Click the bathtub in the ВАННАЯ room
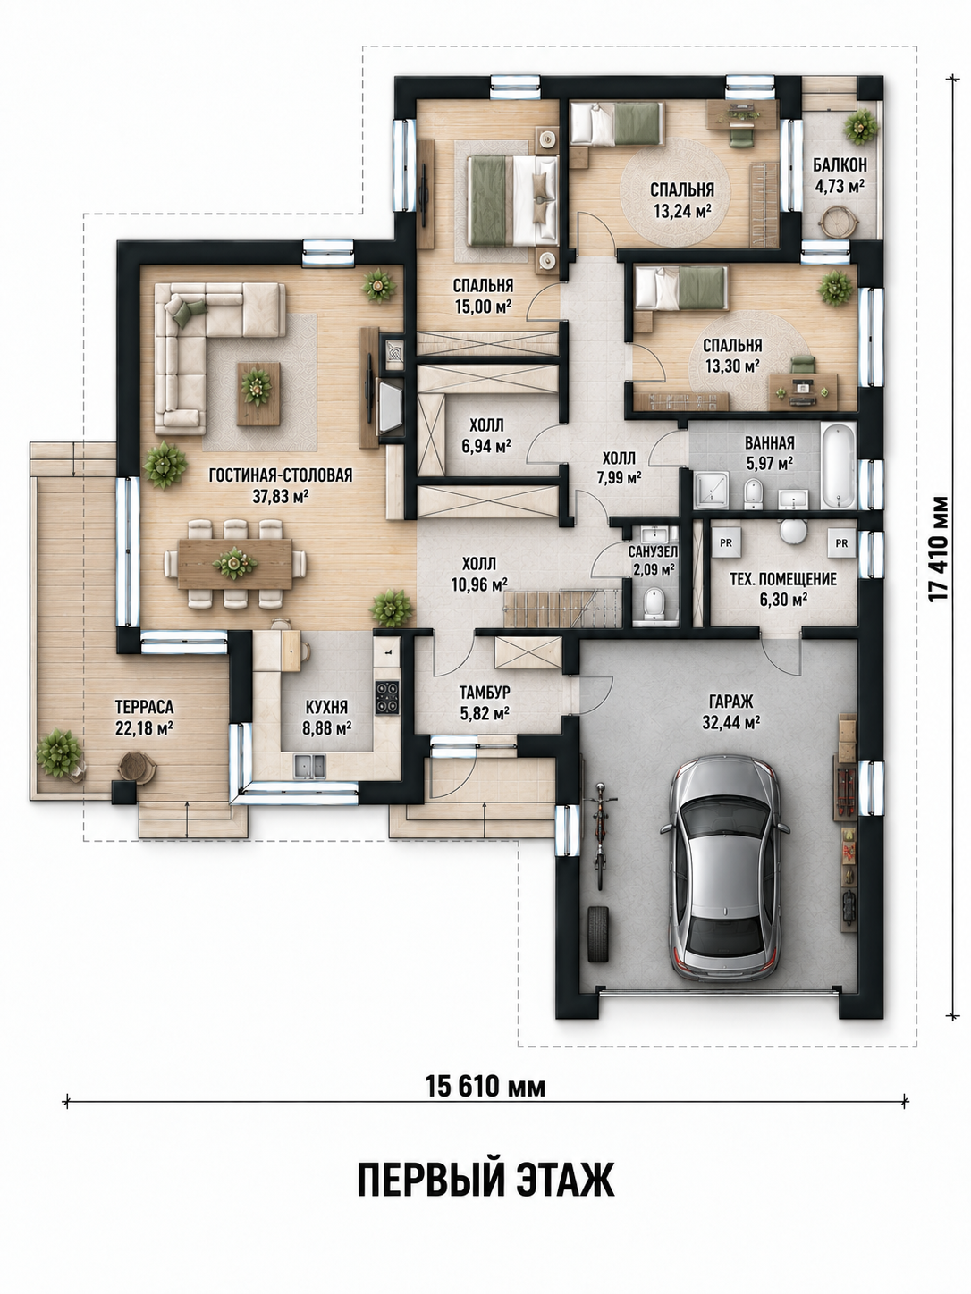pyautogui.click(x=839, y=466)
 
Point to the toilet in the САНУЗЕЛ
pyautogui.click(x=654, y=603)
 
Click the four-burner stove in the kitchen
pyautogui.click(x=387, y=697)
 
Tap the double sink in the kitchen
pyautogui.click(x=309, y=765)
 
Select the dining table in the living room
pyautogui.click(x=235, y=563)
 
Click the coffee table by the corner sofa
pyautogui.click(x=258, y=393)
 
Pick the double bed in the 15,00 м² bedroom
pyautogui.click(x=513, y=199)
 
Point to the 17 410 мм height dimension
pyautogui.click(x=941, y=549)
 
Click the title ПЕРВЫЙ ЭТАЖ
pyautogui.click(x=485, y=1179)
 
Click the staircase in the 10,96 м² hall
pyautogui.click(x=561, y=609)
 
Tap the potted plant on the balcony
pyautogui.click(x=860, y=126)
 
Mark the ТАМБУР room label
pyautogui.click(x=485, y=691)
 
